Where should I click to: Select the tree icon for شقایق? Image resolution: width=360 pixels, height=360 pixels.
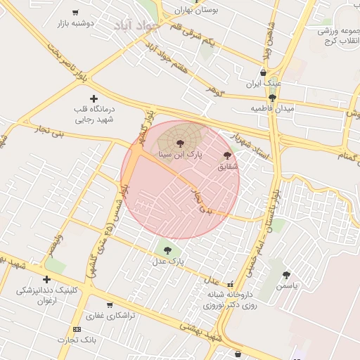click(x=227, y=155)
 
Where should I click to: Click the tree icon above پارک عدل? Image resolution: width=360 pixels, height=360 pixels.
click(x=167, y=249)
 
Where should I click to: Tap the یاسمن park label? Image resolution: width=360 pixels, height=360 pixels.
click(x=287, y=286)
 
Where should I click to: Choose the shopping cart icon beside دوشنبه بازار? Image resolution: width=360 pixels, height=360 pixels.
click(x=75, y=13)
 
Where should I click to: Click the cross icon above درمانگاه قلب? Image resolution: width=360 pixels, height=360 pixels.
click(x=94, y=98)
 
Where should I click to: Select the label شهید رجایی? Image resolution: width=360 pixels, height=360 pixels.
click(x=94, y=120)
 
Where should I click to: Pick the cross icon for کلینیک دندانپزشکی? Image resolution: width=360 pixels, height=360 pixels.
click(x=46, y=279)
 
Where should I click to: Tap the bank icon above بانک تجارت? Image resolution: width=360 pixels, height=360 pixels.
click(x=77, y=329)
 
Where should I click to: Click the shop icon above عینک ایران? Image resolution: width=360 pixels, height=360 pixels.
click(x=263, y=72)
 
